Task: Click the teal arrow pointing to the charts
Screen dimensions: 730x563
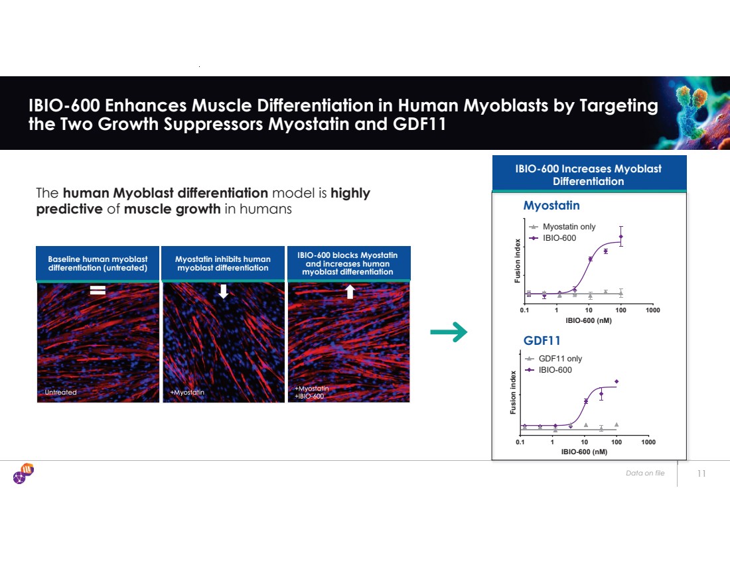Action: [449, 332]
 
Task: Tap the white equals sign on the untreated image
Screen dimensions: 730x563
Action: [98, 290]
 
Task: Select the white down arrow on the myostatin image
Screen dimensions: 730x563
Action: [224, 291]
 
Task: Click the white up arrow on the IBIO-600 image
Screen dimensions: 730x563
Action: [350, 292]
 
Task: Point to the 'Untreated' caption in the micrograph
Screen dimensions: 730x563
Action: [60, 392]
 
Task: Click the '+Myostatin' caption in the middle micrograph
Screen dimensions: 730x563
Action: [187, 392]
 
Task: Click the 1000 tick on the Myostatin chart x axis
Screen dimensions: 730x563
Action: [653, 310]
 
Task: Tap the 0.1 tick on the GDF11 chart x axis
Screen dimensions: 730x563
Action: [520, 442]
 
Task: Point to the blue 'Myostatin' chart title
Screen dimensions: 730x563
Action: [551, 205]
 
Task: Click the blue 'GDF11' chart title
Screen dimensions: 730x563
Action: [542, 341]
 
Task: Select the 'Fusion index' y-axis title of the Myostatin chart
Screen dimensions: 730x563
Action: [517, 261]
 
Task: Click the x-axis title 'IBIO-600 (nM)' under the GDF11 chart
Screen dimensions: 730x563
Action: [584, 452]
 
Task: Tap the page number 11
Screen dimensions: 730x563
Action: [701, 473]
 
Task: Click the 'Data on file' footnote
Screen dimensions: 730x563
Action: [645, 473]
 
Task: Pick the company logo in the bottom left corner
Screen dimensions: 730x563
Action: [23, 473]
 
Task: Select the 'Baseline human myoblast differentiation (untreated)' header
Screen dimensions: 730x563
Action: [98, 263]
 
